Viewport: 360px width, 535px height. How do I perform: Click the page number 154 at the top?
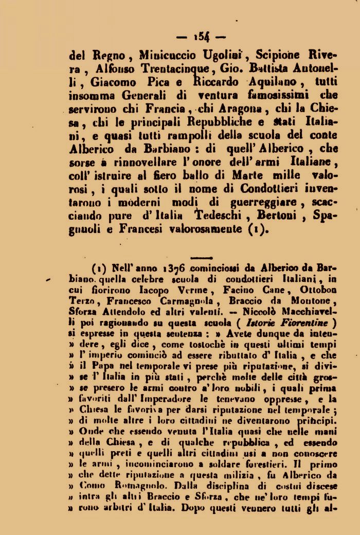[201, 37]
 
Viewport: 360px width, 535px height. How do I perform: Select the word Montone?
[312, 301]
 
